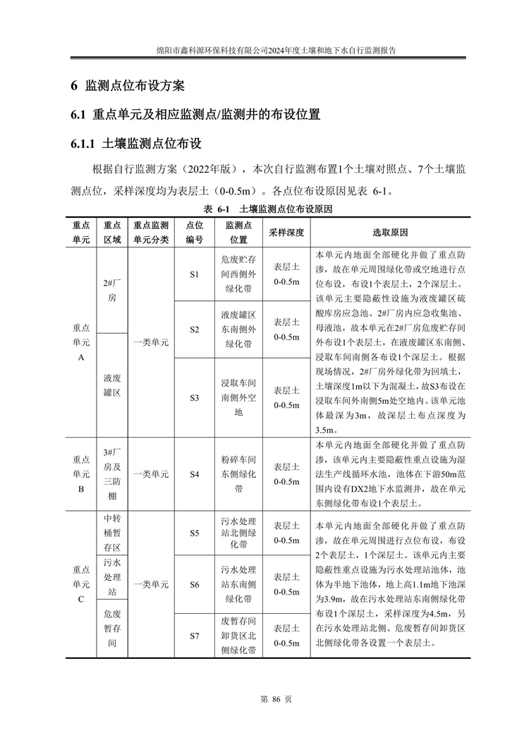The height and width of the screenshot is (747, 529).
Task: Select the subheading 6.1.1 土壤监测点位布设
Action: click(136, 144)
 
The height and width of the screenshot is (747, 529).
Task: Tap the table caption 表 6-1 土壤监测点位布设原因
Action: click(267, 210)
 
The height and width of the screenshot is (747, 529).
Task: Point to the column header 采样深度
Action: click(286, 233)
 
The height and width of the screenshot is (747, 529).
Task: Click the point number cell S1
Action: click(195, 274)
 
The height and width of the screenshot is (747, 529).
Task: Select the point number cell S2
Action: click(195, 329)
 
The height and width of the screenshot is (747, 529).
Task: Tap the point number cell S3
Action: click(195, 397)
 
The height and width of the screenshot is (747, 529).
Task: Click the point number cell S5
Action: click(195, 533)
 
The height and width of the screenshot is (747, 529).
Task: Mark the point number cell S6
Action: click(195, 584)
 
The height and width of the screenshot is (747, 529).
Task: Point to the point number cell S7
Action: click(195, 636)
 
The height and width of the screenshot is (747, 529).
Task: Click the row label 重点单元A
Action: click(81, 342)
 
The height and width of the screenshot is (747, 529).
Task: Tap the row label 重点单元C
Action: click(81, 584)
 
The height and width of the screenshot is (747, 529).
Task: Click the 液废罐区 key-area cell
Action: click(112, 385)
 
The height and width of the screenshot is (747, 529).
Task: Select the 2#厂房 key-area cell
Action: click(112, 290)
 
